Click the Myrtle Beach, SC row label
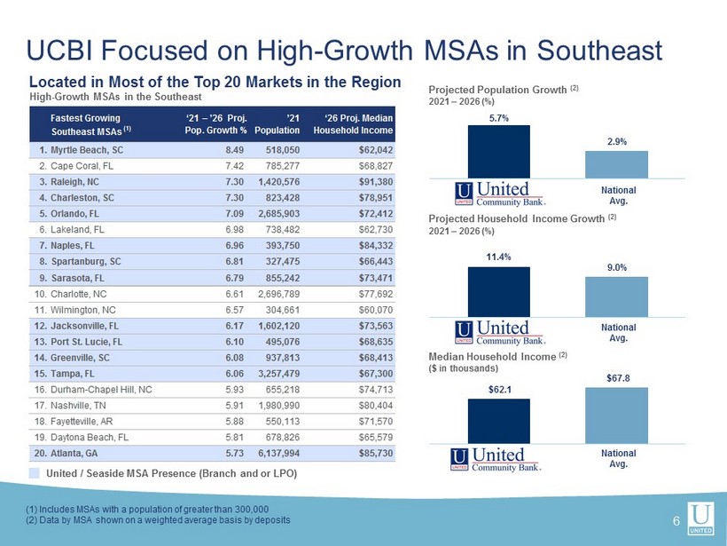click(x=82, y=150)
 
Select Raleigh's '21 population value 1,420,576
click(x=278, y=181)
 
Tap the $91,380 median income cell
click(x=376, y=181)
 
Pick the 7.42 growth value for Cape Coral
click(x=235, y=166)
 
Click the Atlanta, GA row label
click(x=66, y=453)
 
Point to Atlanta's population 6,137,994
click(x=278, y=453)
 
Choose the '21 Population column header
click(x=277, y=124)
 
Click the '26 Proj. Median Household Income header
click(x=353, y=124)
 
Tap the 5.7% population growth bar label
click(x=499, y=118)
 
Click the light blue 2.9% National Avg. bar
click(x=616, y=164)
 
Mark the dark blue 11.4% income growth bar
click(x=499, y=291)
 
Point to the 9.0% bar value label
click(x=617, y=267)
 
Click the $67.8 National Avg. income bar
click(x=616, y=415)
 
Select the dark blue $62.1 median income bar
click(x=499, y=421)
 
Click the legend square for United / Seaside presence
click(x=34, y=473)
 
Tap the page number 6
click(x=676, y=521)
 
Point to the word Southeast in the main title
click(x=599, y=50)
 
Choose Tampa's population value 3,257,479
click(x=278, y=374)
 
